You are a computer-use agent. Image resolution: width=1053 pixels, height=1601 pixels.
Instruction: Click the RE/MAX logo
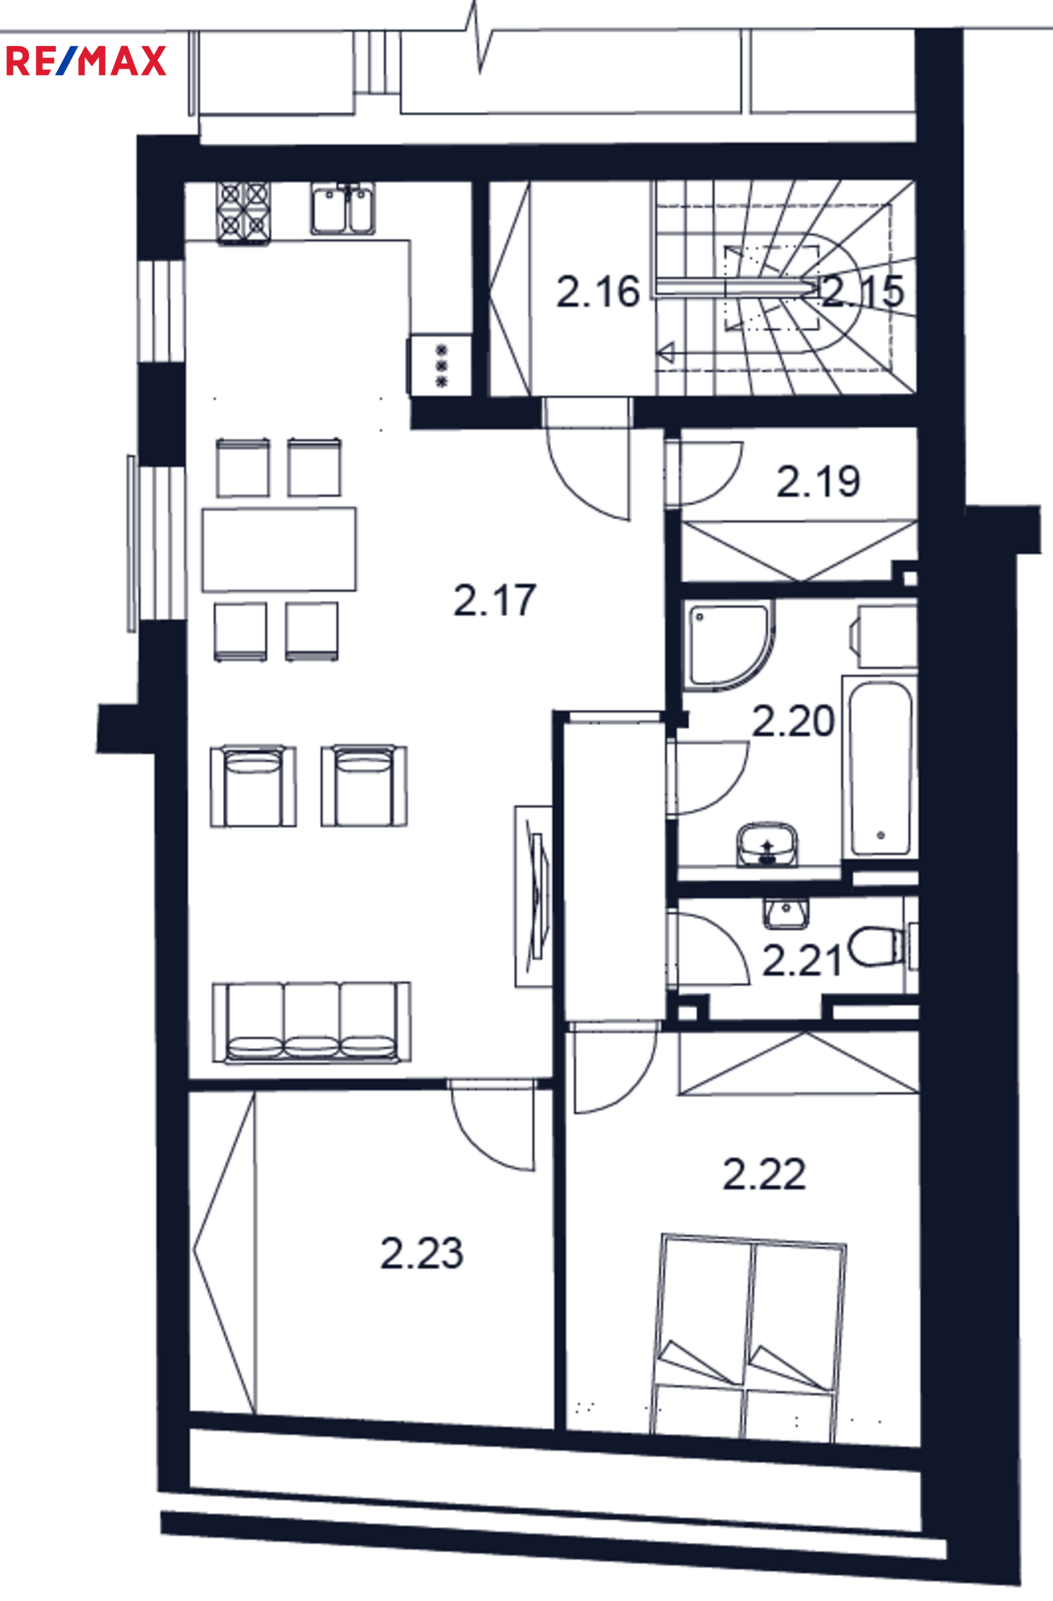[x=86, y=60]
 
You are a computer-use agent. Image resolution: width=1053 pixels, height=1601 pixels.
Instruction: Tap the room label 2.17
[x=495, y=600]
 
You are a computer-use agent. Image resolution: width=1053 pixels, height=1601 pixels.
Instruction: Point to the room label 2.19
[x=818, y=482]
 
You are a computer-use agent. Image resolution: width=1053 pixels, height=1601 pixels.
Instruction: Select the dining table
[x=279, y=550]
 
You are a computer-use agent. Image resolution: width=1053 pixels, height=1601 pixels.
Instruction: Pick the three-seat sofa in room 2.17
[x=312, y=1022]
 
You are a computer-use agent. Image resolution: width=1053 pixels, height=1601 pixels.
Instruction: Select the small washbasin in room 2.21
[x=786, y=913]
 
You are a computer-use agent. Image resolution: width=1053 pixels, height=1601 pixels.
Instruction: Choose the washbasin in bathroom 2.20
[x=767, y=844]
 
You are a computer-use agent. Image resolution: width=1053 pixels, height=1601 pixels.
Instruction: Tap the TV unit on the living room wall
[x=534, y=897]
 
